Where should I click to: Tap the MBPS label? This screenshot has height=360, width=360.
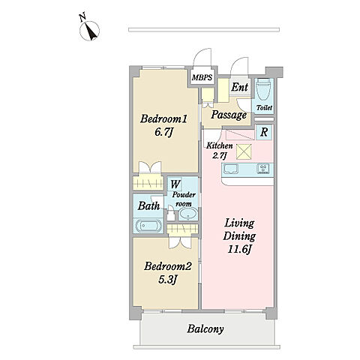click(202, 77)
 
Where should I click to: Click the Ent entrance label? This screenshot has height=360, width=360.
click(239, 87)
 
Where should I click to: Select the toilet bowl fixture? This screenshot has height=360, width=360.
click(264, 90)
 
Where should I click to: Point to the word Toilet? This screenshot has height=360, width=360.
click(264, 108)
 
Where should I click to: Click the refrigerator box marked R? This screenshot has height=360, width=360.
click(264, 132)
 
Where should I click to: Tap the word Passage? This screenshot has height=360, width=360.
click(229, 115)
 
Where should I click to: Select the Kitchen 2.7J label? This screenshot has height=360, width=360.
click(219, 151)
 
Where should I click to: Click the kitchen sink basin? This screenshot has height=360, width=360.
click(232, 169)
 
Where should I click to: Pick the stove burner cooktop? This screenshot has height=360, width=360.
click(263, 169)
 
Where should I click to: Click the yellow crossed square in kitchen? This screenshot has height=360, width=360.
click(244, 151)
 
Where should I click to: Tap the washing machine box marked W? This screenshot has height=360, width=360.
click(175, 184)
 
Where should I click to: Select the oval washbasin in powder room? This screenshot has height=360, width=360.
click(188, 214)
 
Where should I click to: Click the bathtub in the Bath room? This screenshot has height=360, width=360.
click(148, 226)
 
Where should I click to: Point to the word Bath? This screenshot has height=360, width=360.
click(148, 206)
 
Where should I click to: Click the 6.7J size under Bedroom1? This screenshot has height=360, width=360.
click(164, 132)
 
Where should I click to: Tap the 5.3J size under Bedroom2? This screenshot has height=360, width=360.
click(168, 279)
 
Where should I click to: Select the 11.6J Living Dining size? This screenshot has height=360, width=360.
click(239, 249)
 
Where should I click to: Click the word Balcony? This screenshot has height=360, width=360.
click(205, 329)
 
